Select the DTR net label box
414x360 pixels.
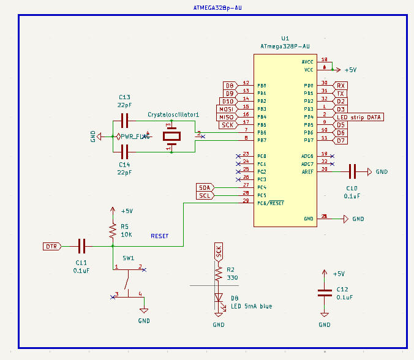click(x=51, y=247)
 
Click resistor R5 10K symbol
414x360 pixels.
click(x=112, y=231)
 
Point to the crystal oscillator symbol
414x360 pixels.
click(x=172, y=137)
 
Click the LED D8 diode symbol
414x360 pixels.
click(x=219, y=298)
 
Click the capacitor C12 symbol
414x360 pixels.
click(x=325, y=293)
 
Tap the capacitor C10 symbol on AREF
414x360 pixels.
click(x=352, y=172)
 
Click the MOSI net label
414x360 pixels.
click(x=227, y=109)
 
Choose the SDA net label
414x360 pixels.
click(x=205, y=187)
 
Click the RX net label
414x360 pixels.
click(x=341, y=85)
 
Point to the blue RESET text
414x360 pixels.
click(x=159, y=236)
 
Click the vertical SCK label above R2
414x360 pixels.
click(x=219, y=251)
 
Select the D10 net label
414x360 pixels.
click(x=228, y=101)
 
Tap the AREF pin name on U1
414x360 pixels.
click(x=307, y=172)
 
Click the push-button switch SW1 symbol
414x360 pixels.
click(x=128, y=282)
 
